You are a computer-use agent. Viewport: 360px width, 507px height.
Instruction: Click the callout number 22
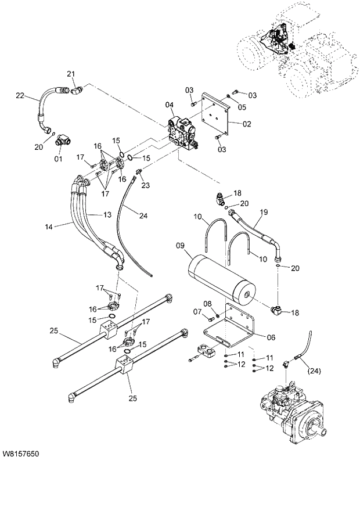point(19,96)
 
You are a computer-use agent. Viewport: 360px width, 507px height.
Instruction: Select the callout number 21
point(71,73)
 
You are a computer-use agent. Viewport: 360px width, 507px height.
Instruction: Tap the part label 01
point(58,159)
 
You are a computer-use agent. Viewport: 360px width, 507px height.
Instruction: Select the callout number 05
point(242,107)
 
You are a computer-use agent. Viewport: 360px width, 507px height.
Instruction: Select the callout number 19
point(263,213)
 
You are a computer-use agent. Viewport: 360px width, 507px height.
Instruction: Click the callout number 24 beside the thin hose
point(142,216)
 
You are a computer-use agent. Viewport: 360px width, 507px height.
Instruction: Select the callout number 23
point(145,185)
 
